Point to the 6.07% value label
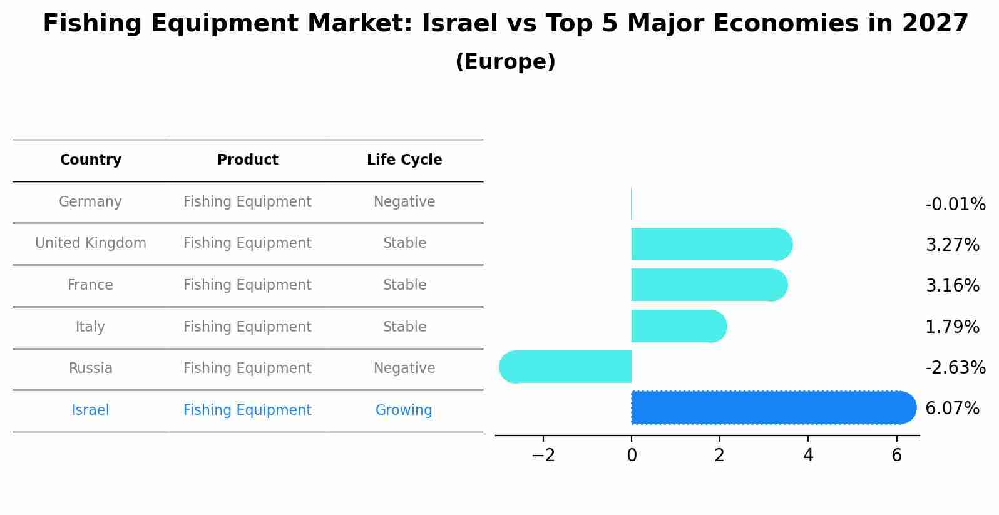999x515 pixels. pos(952,409)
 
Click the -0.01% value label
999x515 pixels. pos(955,205)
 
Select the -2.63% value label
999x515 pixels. pos(955,368)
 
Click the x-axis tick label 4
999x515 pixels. pos(808,456)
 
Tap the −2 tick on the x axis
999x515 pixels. pos(543,456)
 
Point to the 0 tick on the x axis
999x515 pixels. pos(632,456)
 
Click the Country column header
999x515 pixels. pos(91,160)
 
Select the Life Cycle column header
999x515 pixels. pos(404,160)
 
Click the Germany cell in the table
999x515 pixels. pos(90,202)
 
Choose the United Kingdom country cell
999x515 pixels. pos(91,243)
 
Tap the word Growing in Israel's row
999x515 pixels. pos(404,410)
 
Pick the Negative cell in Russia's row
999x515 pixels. pos(404,369)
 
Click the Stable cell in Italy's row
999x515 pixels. pos(404,327)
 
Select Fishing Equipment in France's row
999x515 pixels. pos(247,285)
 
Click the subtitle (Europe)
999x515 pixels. pos(505,62)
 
